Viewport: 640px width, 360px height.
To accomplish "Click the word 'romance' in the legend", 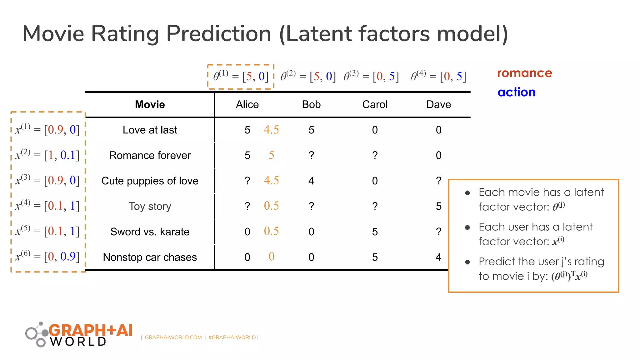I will click(x=524, y=73).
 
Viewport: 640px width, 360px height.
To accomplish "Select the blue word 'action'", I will click(x=516, y=92).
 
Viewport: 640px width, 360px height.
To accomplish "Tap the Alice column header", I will click(x=247, y=104).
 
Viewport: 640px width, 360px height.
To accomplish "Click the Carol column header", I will click(x=375, y=104).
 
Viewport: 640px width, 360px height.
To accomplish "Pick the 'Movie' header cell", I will click(x=150, y=104).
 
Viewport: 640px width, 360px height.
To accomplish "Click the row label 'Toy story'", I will click(x=150, y=206).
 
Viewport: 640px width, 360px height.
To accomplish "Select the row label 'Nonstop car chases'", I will click(x=150, y=257).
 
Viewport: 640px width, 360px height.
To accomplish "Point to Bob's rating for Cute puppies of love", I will click(x=311, y=181).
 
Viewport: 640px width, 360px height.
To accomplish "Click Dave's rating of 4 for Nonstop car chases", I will click(x=438, y=257).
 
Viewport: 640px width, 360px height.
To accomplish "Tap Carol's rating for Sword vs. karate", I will click(x=375, y=232).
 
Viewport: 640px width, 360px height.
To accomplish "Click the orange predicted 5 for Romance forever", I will click(x=271, y=155).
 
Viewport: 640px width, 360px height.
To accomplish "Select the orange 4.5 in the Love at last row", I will click(x=271, y=129).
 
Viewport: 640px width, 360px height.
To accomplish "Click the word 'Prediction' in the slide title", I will click(x=218, y=33).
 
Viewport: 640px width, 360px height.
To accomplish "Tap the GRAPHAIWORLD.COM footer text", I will click(x=173, y=337).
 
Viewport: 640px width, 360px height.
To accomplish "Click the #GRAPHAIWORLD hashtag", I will click(x=232, y=337).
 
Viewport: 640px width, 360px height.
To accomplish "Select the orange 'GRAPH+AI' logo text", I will click(x=91, y=330).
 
